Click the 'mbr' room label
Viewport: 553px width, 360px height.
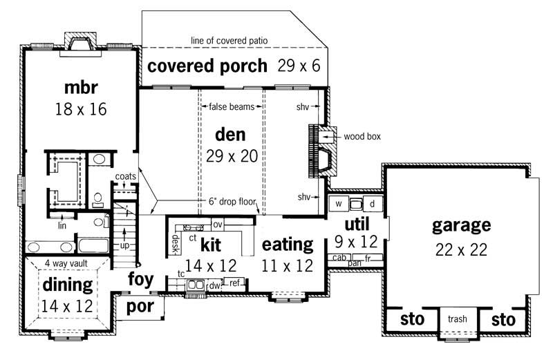click(x=82, y=88)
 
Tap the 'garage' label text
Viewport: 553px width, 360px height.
click(x=461, y=225)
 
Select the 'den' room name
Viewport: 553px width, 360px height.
click(x=231, y=133)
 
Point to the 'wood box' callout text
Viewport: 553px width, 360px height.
click(x=363, y=137)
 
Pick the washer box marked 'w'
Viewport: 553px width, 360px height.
click(x=338, y=204)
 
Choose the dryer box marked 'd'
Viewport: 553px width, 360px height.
click(x=372, y=204)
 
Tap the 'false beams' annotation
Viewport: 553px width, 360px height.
click(x=231, y=106)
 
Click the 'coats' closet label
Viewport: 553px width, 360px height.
click(x=125, y=176)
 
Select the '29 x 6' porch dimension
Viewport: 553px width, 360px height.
click(x=299, y=66)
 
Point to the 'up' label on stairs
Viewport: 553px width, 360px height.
click(x=125, y=245)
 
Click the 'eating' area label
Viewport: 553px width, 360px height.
click(x=287, y=244)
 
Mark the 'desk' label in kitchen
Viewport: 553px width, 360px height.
click(x=176, y=241)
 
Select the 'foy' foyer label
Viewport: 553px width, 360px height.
click(x=140, y=278)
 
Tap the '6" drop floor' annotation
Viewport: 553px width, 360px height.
click(x=233, y=203)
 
